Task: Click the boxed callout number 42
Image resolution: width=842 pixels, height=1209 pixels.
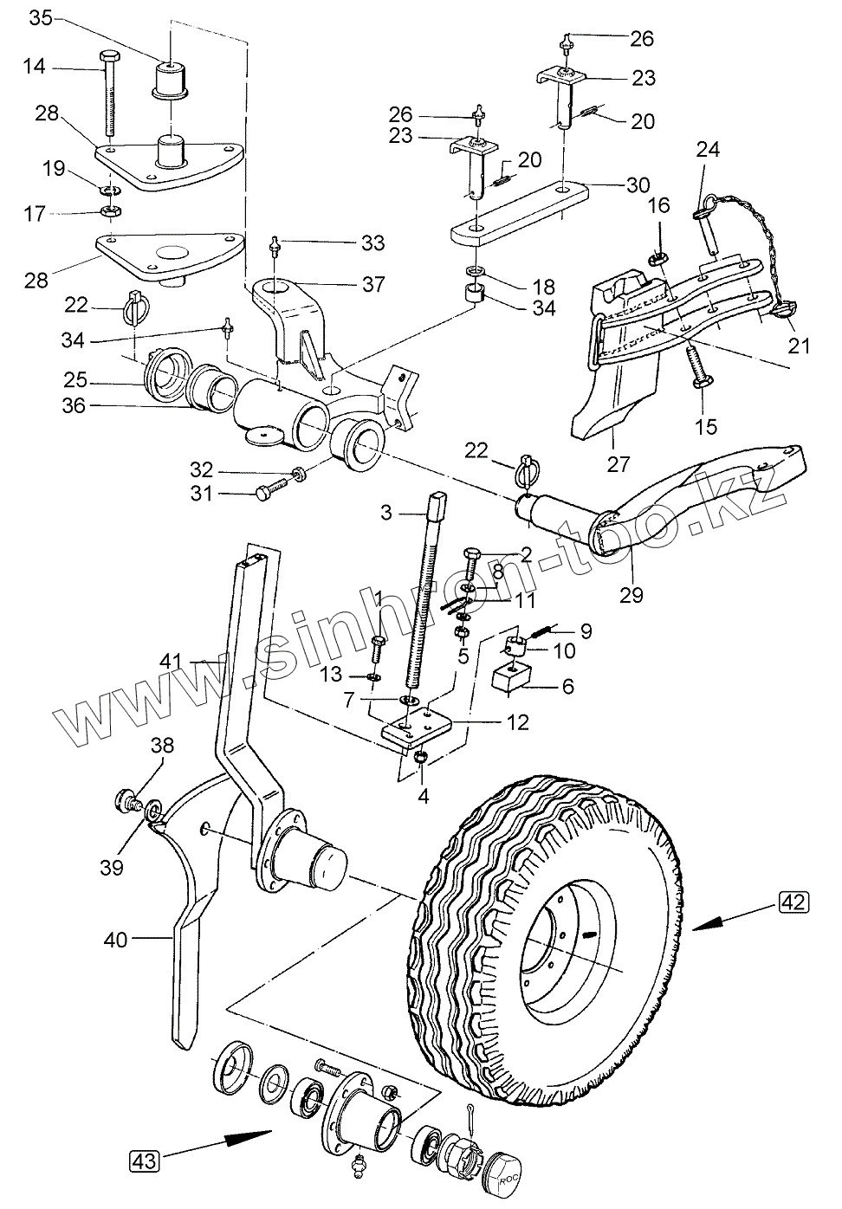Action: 794,902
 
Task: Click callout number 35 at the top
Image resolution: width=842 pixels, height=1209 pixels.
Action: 41,17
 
